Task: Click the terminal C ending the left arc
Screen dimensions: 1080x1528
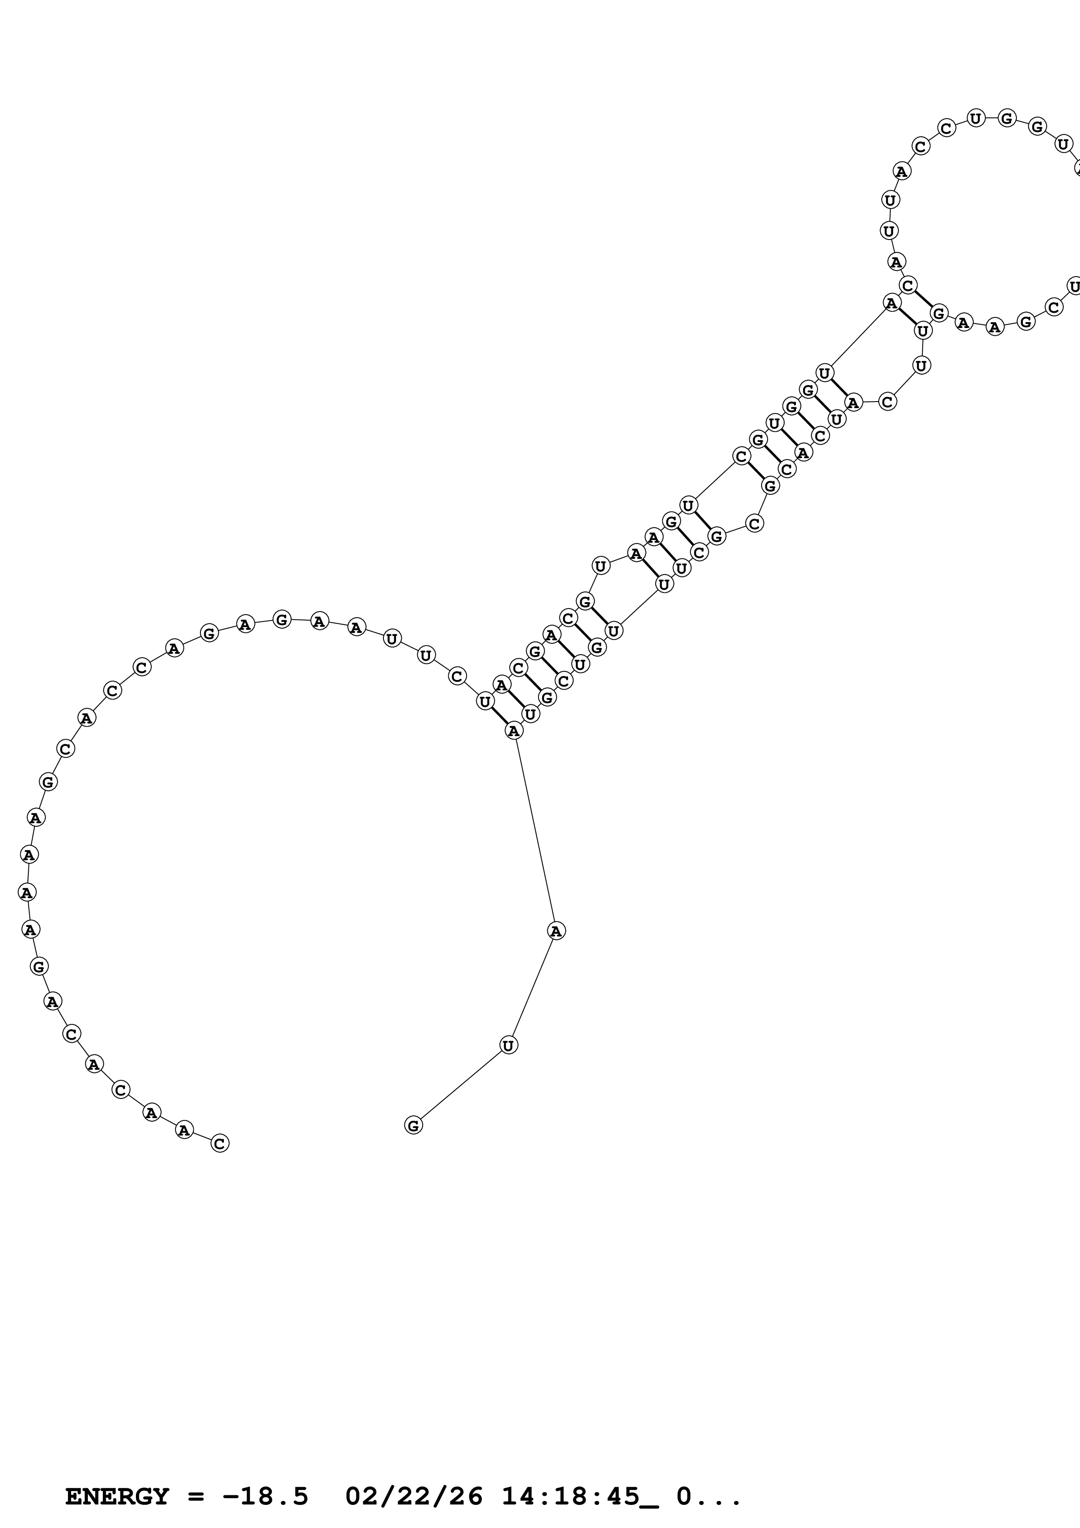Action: [220, 1143]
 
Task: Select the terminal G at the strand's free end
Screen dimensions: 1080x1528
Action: [413, 1126]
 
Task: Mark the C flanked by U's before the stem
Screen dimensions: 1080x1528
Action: [457, 676]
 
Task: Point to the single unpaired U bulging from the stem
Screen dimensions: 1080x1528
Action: [601, 566]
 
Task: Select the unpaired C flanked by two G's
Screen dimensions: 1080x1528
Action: [754, 524]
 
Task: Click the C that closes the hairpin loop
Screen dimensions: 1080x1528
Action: [908, 285]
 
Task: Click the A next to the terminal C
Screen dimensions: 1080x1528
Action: [184, 1129]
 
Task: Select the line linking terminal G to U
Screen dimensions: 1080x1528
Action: [460, 1085]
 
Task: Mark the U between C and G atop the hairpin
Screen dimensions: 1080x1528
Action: [975, 118]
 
